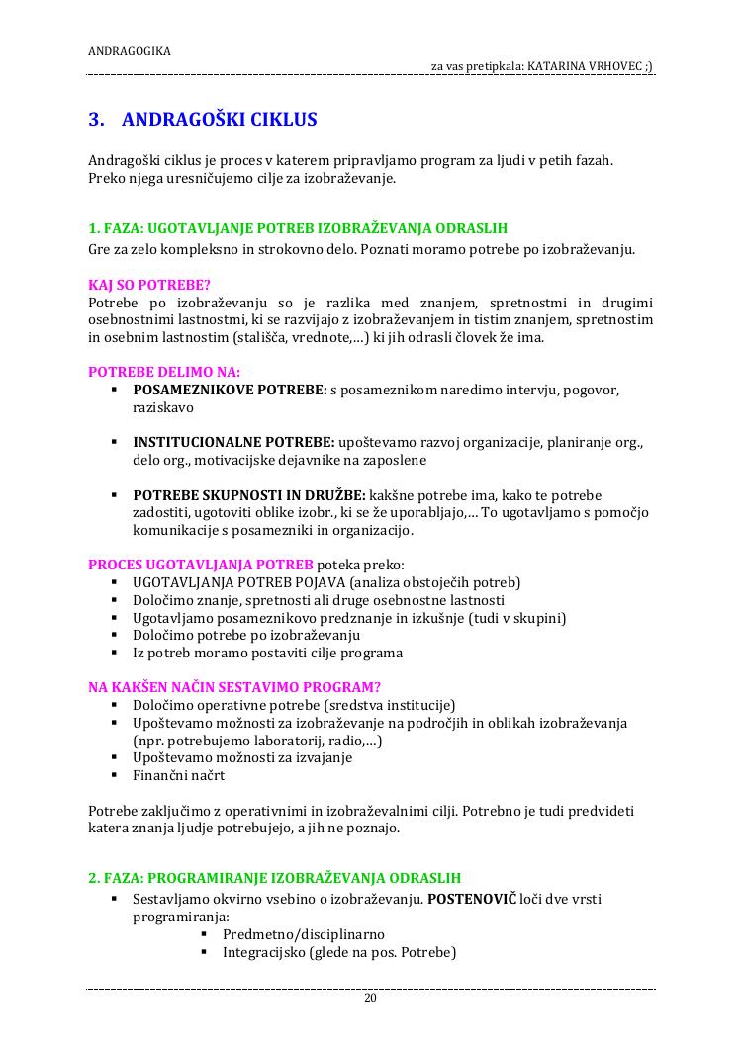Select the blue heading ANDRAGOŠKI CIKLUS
219,120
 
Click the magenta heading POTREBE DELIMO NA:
164,372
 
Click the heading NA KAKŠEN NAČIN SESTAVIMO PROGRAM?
234,687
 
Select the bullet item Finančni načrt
179,775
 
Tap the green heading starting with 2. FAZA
274,878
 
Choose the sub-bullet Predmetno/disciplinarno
304,934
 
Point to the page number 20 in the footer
371,998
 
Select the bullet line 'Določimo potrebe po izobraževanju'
246,635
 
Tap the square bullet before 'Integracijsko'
205,952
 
